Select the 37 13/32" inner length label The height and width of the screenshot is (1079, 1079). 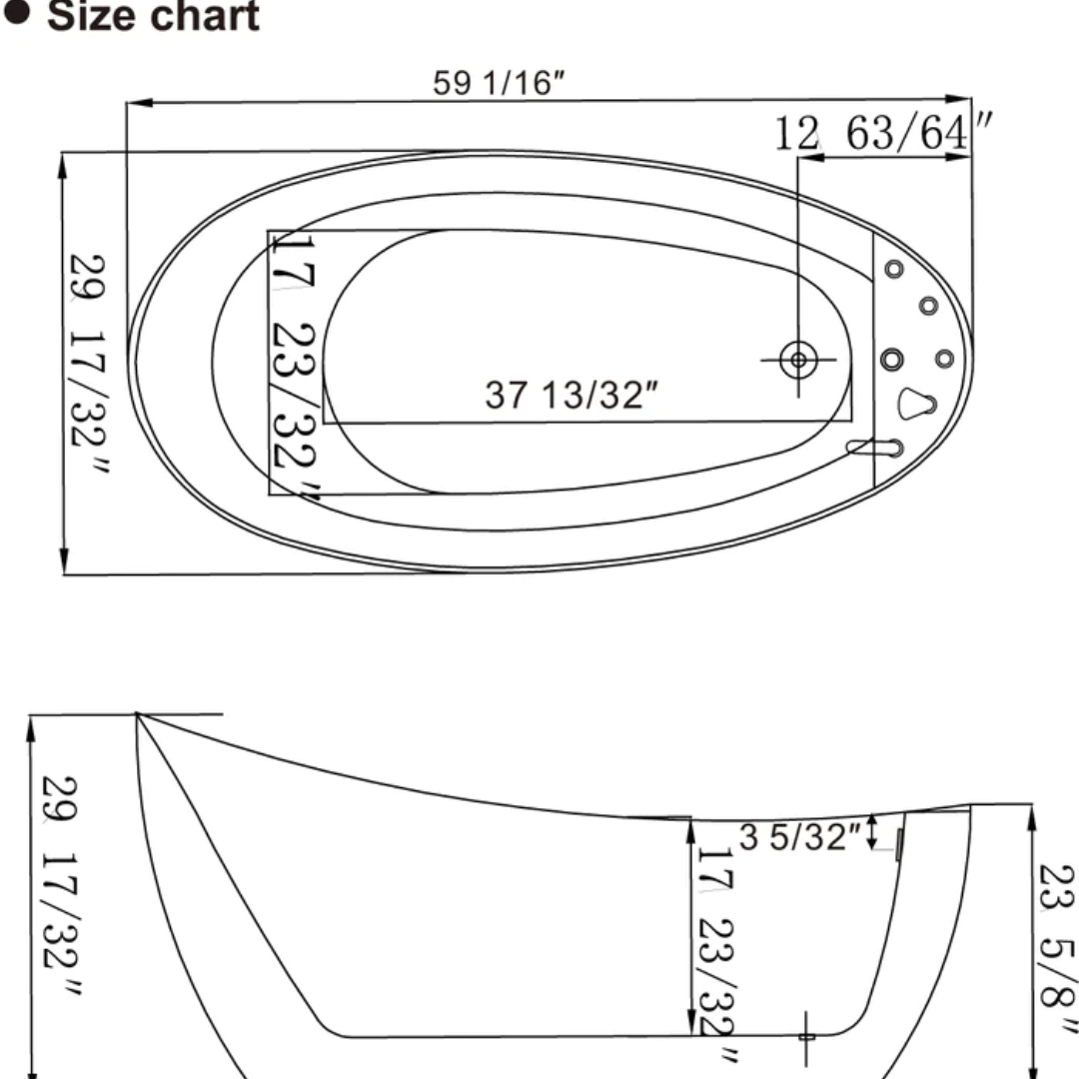click(x=571, y=395)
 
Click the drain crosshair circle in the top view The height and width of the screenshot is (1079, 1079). click(x=798, y=359)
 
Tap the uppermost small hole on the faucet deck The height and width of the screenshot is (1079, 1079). click(x=894, y=269)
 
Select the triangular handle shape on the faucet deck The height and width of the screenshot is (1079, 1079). click(x=916, y=403)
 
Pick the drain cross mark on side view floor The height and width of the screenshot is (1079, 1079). click(x=806, y=1036)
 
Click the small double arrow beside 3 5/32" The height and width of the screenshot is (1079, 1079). click(x=873, y=831)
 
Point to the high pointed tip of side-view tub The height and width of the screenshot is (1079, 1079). click(x=138, y=715)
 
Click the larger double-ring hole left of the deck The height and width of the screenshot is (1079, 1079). click(x=892, y=359)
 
